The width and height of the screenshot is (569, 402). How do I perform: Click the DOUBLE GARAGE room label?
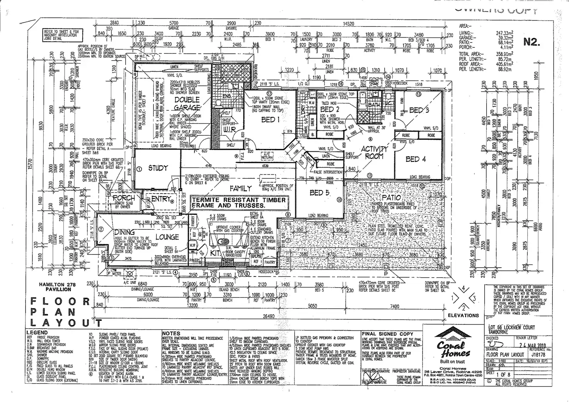(x=187, y=103)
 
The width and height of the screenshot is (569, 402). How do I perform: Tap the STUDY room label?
(x=158, y=168)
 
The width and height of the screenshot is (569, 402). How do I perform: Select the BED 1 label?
(x=271, y=120)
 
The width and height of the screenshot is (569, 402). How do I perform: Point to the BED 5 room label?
(x=319, y=192)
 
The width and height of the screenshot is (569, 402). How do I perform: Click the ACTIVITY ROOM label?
(x=374, y=153)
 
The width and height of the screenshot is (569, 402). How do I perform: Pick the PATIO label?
(x=391, y=198)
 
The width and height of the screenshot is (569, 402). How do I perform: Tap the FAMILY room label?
(x=241, y=188)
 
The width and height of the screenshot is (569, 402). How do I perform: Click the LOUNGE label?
(x=167, y=237)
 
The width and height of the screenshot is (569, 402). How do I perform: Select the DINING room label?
(x=124, y=232)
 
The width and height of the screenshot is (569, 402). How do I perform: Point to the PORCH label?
(x=123, y=198)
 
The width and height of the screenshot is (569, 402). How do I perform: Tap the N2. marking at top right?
(x=532, y=42)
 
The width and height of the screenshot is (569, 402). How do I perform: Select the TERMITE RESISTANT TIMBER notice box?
(x=239, y=203)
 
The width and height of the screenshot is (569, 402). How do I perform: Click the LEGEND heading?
(x=37, y=332)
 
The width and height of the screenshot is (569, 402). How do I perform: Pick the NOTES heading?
(x=171, y=333)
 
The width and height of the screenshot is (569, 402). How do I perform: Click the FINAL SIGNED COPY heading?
(x=387, y=334)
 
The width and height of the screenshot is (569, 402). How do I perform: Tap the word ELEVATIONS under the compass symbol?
(x=463, y=315)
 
